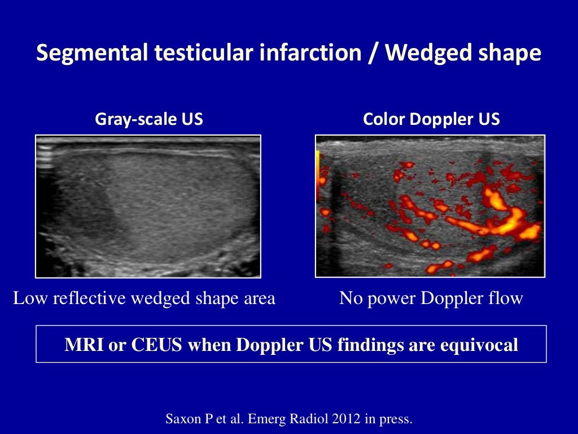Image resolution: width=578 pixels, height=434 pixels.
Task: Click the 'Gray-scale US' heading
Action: pyautogui.click(x=149, y=119)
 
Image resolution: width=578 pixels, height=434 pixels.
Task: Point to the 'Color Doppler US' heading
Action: pyautogui.click(x=431, y=119)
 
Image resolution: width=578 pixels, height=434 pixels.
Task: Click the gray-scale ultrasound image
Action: pyautogui.click(x=148, y=206)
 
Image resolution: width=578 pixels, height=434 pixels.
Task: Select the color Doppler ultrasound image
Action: pyautogui.click(x=430, y=206)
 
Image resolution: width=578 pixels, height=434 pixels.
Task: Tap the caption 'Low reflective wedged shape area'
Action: pyautogui.click(x=144, y=298)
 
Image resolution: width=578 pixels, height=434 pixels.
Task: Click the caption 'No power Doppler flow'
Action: pyautogui.click(x=431, y=298)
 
